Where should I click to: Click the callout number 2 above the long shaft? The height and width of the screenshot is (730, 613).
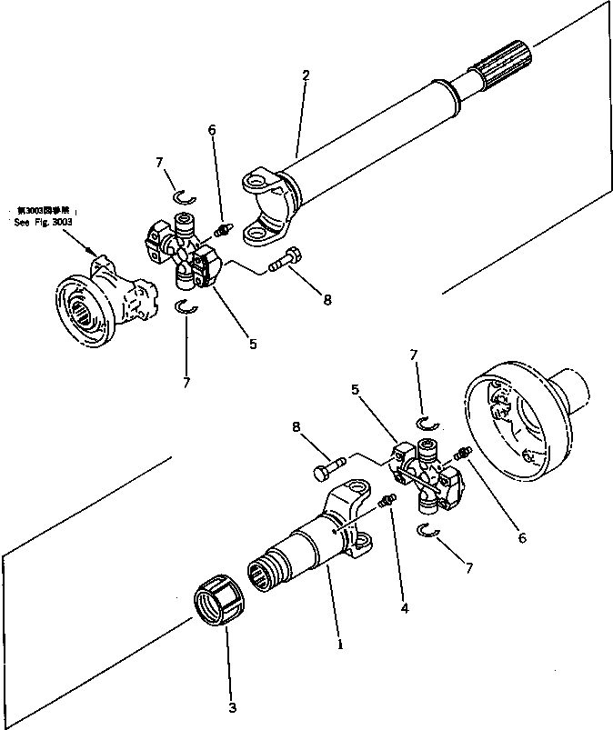click(x=306, y=75)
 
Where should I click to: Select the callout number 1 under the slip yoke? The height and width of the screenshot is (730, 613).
click(x=341, y=645)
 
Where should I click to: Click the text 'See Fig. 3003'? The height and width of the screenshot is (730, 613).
click(x=43, y=222)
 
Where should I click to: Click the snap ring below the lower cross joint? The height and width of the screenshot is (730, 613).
click(x=428, y=531)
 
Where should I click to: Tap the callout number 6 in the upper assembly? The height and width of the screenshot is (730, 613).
click(x=212, y=130)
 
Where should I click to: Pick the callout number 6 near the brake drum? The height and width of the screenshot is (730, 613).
click(x=521, y=538)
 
